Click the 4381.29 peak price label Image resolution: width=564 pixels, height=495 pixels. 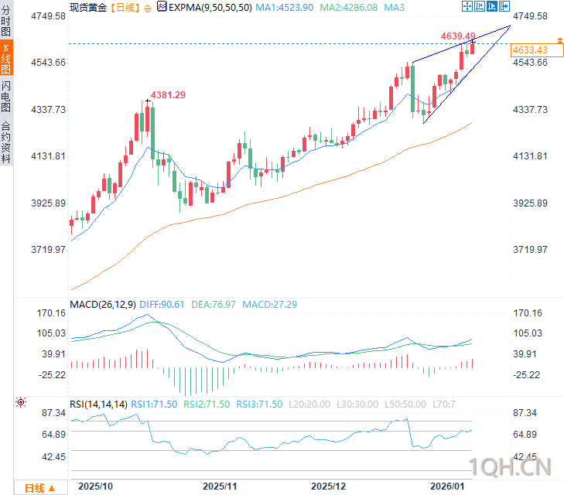click(x=169, y=94)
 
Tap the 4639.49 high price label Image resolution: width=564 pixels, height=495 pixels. click(x=458, y=36)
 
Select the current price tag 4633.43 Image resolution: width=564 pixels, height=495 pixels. click(x=531, y=49)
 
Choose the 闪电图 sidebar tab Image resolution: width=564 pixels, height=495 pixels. click(x=6, y=97)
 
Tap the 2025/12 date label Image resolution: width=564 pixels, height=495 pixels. click(x=328, y=486)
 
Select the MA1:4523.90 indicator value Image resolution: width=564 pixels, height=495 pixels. click(x=285, y=7)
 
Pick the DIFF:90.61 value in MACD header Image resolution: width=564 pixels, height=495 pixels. click(x=162, y=305)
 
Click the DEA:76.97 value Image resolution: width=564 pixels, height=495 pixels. click(x=214, y=305)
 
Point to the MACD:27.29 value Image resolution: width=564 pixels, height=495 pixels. click(x=270, y=305)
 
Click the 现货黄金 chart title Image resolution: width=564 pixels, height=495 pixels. click(x=88, y=7)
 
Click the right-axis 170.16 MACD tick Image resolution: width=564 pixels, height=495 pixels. click(x=529, y=313)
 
